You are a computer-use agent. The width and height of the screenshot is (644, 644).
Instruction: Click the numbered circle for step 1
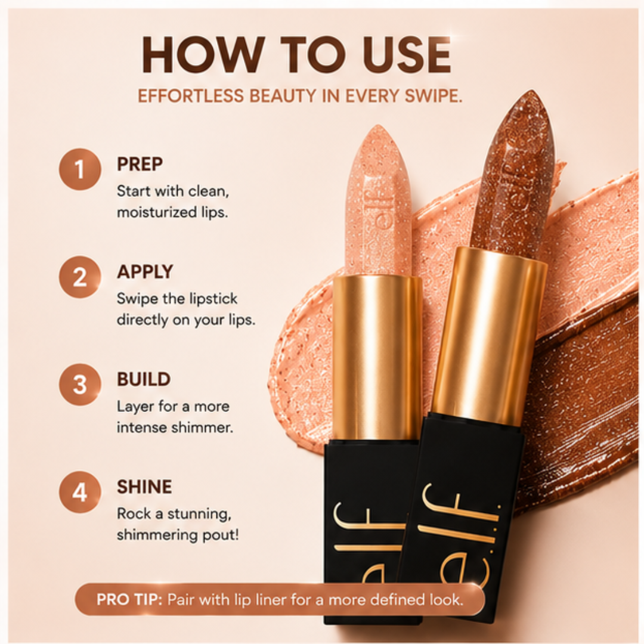[x=80, y=169]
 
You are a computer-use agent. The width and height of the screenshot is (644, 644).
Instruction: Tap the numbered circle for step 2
[x=80, y=277]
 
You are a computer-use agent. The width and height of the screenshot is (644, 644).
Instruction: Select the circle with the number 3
[x=80, y=385]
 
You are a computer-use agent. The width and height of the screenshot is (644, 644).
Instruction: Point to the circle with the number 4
[x=80, y=492]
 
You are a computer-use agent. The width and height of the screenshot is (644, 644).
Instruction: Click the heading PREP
[x=140, y=165]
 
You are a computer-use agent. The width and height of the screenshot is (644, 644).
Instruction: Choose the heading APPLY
[x=145, y=272]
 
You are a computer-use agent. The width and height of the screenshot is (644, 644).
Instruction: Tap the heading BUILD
[x=144, y=379]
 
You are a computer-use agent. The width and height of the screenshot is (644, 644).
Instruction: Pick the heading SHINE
[x=144, y=487]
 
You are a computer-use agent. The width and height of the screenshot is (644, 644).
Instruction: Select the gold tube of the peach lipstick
[x=377, y=358]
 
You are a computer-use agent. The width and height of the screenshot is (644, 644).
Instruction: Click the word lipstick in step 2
[x=214, y=299]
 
